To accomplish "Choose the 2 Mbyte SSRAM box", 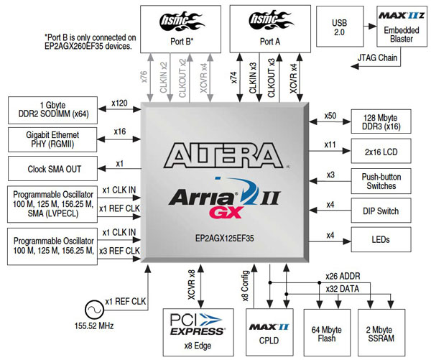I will [377, 329].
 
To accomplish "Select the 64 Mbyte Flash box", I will [326, 329].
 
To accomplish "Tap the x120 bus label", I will [119, 103].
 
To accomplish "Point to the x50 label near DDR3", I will [330, 116].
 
